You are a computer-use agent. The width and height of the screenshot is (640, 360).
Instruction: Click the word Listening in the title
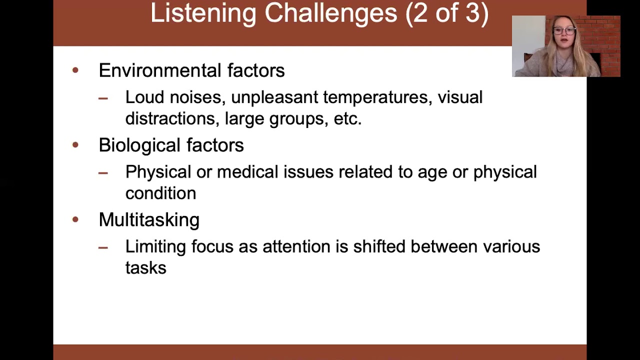(203, 13)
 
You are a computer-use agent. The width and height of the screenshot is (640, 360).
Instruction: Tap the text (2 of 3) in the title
(446, 13)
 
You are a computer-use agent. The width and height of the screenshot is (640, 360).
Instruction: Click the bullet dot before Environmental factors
(75, 70)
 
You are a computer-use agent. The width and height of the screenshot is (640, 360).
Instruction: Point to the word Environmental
(160, 70)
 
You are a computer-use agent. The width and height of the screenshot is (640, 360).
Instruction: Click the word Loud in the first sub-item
(145, 97)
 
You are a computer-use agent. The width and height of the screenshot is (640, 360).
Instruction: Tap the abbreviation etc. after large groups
(347, 118)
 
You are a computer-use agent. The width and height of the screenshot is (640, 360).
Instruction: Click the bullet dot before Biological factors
(75, 145)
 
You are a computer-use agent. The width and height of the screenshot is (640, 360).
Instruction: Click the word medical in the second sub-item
(247, 172)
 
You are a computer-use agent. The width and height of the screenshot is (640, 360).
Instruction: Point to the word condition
(160, 193)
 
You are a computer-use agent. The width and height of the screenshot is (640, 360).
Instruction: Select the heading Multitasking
(149, 220)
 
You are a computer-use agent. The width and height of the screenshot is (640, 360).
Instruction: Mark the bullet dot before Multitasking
(75, 219)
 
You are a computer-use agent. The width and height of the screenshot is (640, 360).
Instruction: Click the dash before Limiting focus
(103, 247)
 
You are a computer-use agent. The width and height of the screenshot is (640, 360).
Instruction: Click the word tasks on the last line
(145, 268)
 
